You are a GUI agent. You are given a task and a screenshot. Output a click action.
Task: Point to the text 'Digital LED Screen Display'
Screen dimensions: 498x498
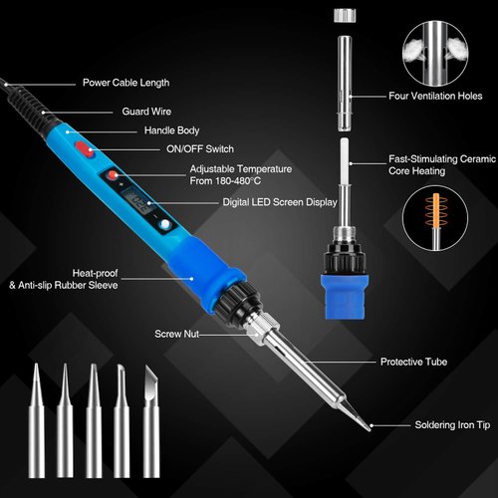click(x=281, y=201)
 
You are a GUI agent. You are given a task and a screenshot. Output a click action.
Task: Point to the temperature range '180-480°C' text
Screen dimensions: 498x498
click(x=241, y=180)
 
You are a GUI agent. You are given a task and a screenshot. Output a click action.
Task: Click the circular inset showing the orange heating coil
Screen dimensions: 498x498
click(x=435, y=218)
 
